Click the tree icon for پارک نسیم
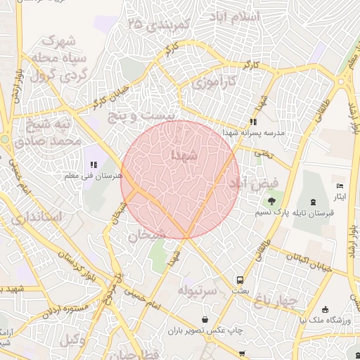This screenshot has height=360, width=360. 271,202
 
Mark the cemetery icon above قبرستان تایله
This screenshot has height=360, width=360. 314,201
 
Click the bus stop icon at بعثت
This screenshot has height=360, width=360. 240,279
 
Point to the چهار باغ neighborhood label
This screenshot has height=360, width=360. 277,302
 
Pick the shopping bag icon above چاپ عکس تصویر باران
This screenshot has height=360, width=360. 205,319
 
